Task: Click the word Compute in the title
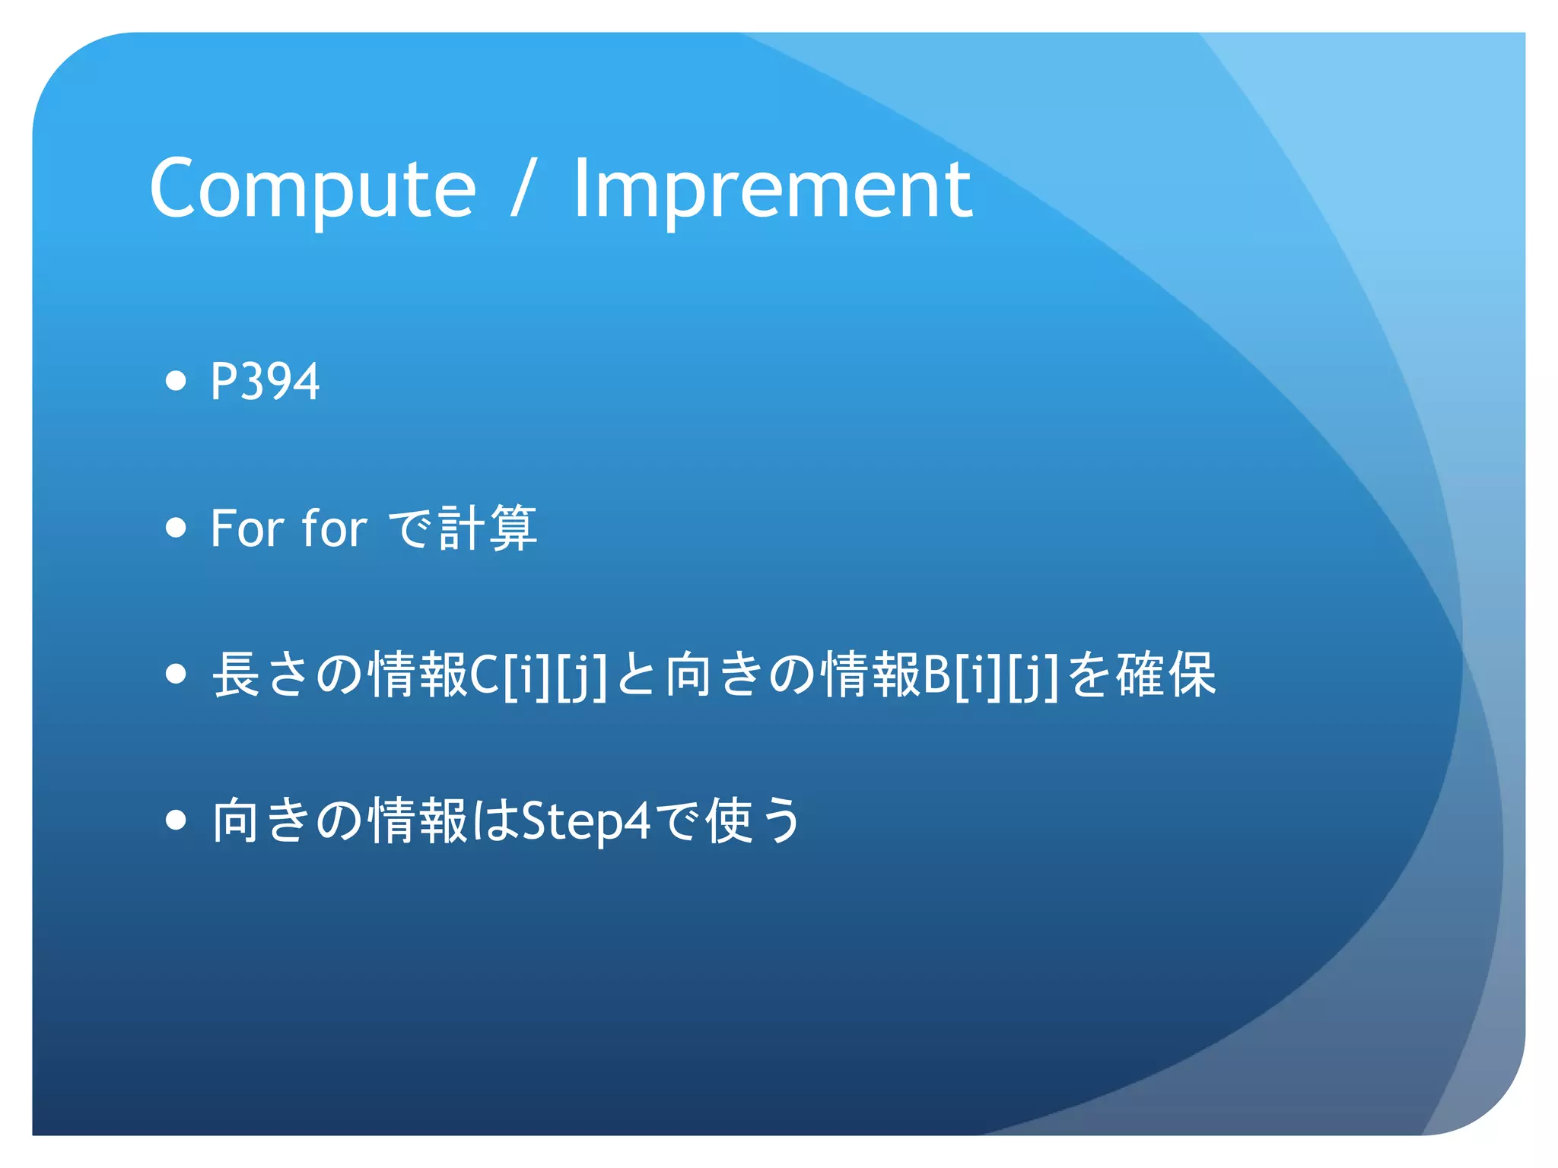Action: tap(313, 188)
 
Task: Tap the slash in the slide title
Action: tap(523, 188)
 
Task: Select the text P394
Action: tap(265, 381)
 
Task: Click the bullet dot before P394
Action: tap(176, 380)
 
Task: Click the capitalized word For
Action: tap(246, 528)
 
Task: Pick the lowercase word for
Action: tap(334, 528)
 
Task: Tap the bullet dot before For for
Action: tap(176, 527)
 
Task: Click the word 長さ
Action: tap(261, 674)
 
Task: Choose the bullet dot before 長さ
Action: tap(176, 674)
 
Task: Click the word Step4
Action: tap(587, 822)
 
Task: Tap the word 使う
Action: tap(753, 821)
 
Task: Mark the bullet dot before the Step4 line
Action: tap(176, 820)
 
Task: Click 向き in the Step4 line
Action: tap(261, 821)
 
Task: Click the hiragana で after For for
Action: tap(411, 528)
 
